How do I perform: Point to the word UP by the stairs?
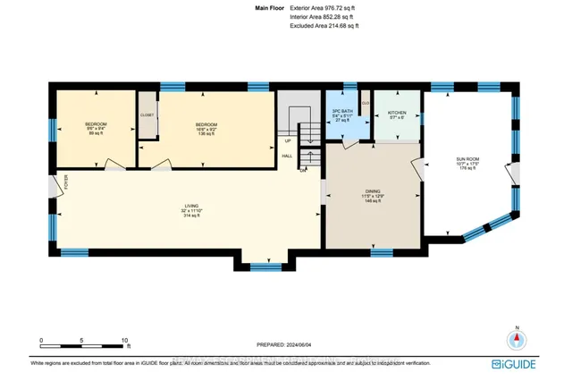[x=287, y=141]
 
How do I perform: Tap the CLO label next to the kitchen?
[x=366, y=102]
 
